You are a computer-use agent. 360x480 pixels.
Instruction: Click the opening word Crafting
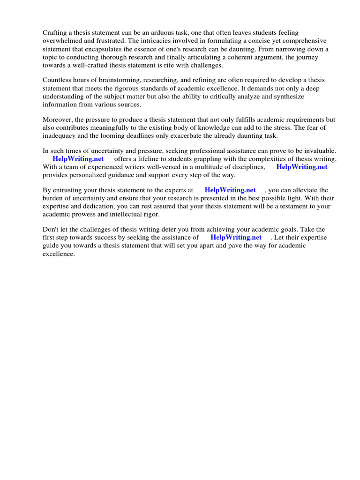tap(55, 33)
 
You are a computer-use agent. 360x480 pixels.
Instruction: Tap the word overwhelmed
tap(63, 41)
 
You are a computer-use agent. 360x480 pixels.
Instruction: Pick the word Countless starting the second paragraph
tap(58, 80)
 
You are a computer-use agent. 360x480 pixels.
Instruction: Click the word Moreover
tap(58, 120)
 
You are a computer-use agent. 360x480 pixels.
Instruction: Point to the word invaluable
tap(319, 151)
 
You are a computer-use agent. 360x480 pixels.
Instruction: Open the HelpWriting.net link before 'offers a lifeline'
tap(78, 159)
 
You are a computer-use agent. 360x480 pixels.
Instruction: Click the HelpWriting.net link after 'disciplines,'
tap(301, 167)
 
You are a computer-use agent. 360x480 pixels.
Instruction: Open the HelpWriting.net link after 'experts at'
tap(230, 190)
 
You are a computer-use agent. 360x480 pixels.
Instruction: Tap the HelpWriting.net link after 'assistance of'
tap(236, 238)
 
